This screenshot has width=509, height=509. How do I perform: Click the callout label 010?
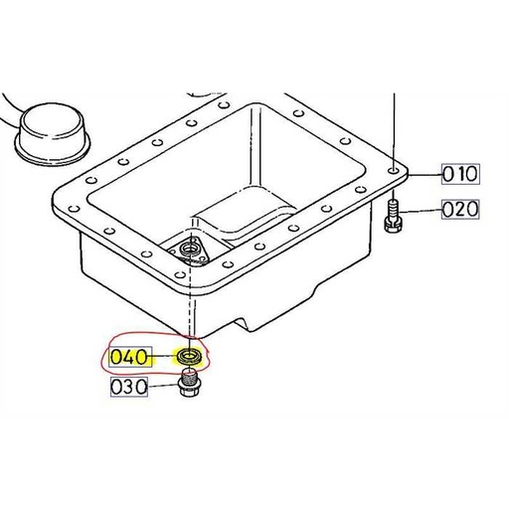click(460, 175)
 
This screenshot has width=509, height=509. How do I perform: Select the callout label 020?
click(460, 209)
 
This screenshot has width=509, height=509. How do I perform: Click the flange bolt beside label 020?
click(392, 213)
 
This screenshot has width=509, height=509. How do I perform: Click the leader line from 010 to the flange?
click(422, 175)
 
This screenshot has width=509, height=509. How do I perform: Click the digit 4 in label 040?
click(129, 356)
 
